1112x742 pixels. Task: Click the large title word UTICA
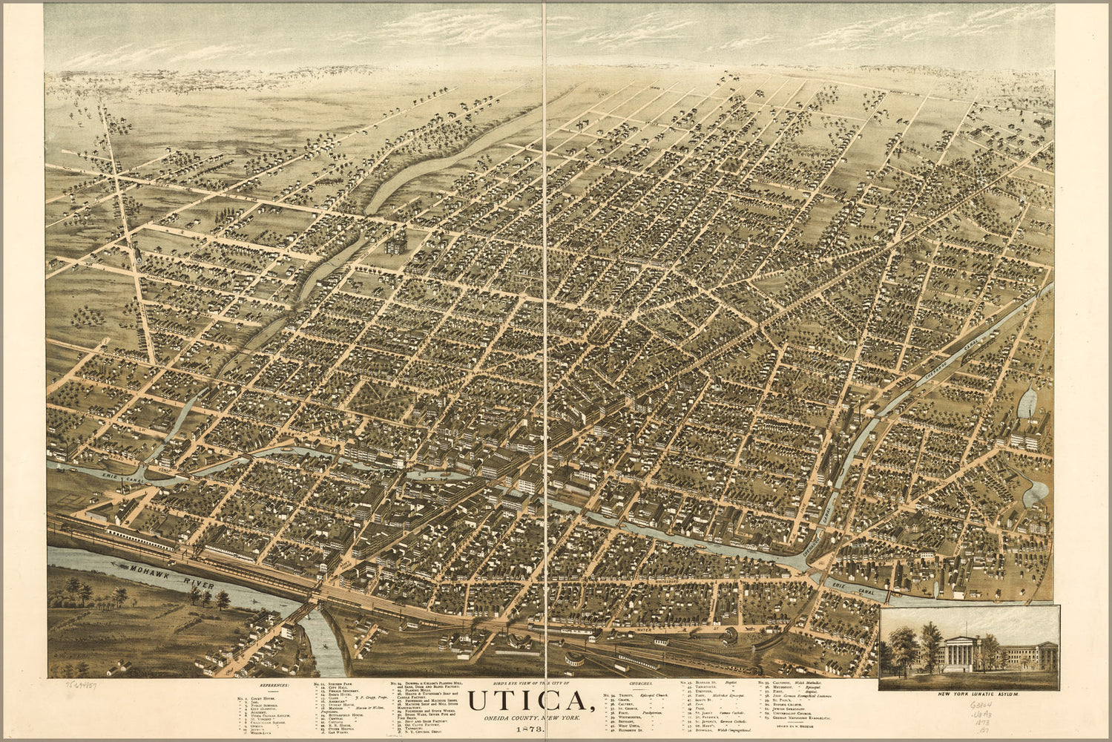tap(527, 702)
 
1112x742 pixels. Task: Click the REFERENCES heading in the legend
tap(274, 686)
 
